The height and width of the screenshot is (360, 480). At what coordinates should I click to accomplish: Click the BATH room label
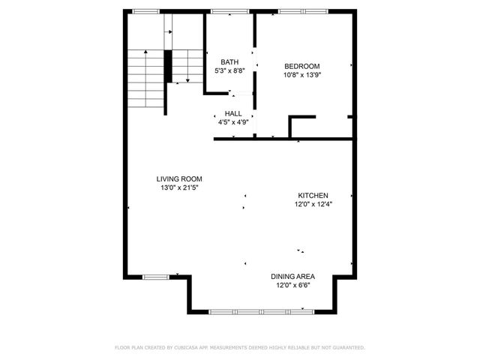point(229,61)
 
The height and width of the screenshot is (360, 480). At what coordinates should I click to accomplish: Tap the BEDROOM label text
point(301,66)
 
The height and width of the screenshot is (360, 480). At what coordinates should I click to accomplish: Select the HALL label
point(233,113)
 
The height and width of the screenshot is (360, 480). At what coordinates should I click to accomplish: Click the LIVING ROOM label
point(179,178)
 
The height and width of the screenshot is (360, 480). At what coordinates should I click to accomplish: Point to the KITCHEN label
point(313,195)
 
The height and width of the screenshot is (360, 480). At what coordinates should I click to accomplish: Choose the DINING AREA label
point(292,276)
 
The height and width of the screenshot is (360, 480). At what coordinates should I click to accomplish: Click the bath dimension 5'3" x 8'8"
point(229,70)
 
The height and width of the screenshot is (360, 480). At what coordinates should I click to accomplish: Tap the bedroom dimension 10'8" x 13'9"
point(301,74)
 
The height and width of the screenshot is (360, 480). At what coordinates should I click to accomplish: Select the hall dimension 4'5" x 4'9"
point(233,121)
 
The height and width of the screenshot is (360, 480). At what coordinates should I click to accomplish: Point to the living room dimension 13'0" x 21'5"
point(179,187)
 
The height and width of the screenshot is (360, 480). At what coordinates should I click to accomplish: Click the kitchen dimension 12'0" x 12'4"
point(313,203)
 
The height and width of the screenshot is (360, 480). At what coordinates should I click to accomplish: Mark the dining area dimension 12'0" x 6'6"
point(292,285)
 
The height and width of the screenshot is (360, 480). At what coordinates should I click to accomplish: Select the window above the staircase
point(146,10)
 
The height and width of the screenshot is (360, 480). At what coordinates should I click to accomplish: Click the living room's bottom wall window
point(156,277)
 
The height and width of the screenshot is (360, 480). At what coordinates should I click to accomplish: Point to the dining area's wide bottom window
point(261,310)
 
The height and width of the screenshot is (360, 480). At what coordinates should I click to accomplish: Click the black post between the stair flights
point(169,66)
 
